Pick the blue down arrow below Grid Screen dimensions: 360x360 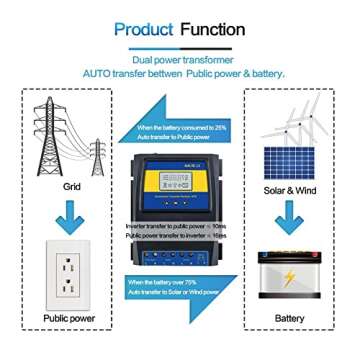pyautogui.click(x=62, y=211)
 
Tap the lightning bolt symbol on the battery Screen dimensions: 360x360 pyautogui.click(x=291, y=279)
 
